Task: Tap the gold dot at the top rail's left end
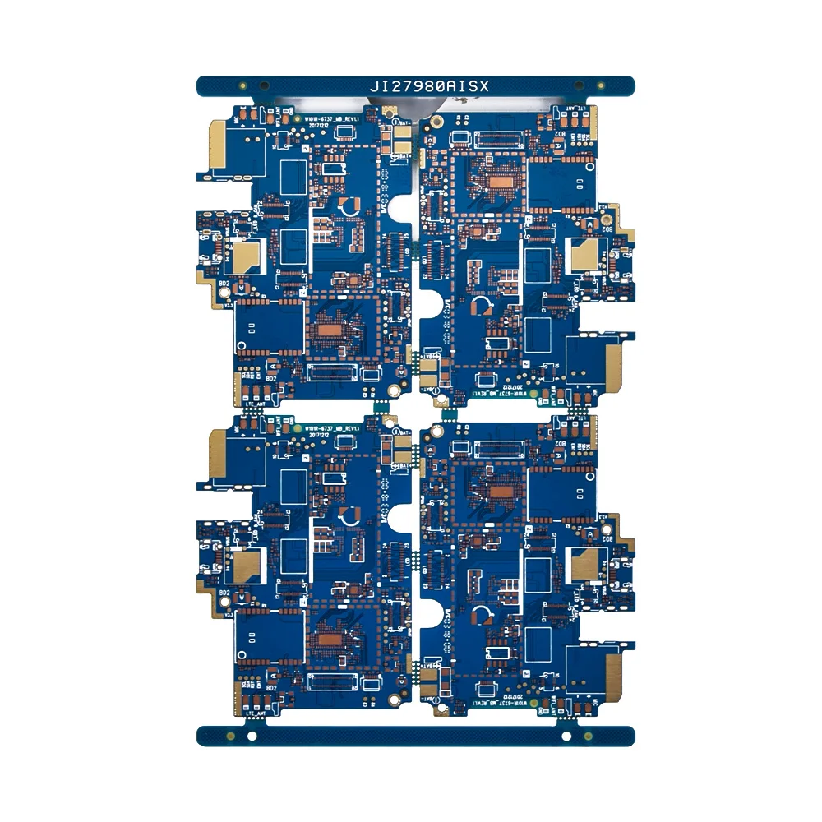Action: [243, 85]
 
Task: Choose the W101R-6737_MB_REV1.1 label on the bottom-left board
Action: [333, 428]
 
